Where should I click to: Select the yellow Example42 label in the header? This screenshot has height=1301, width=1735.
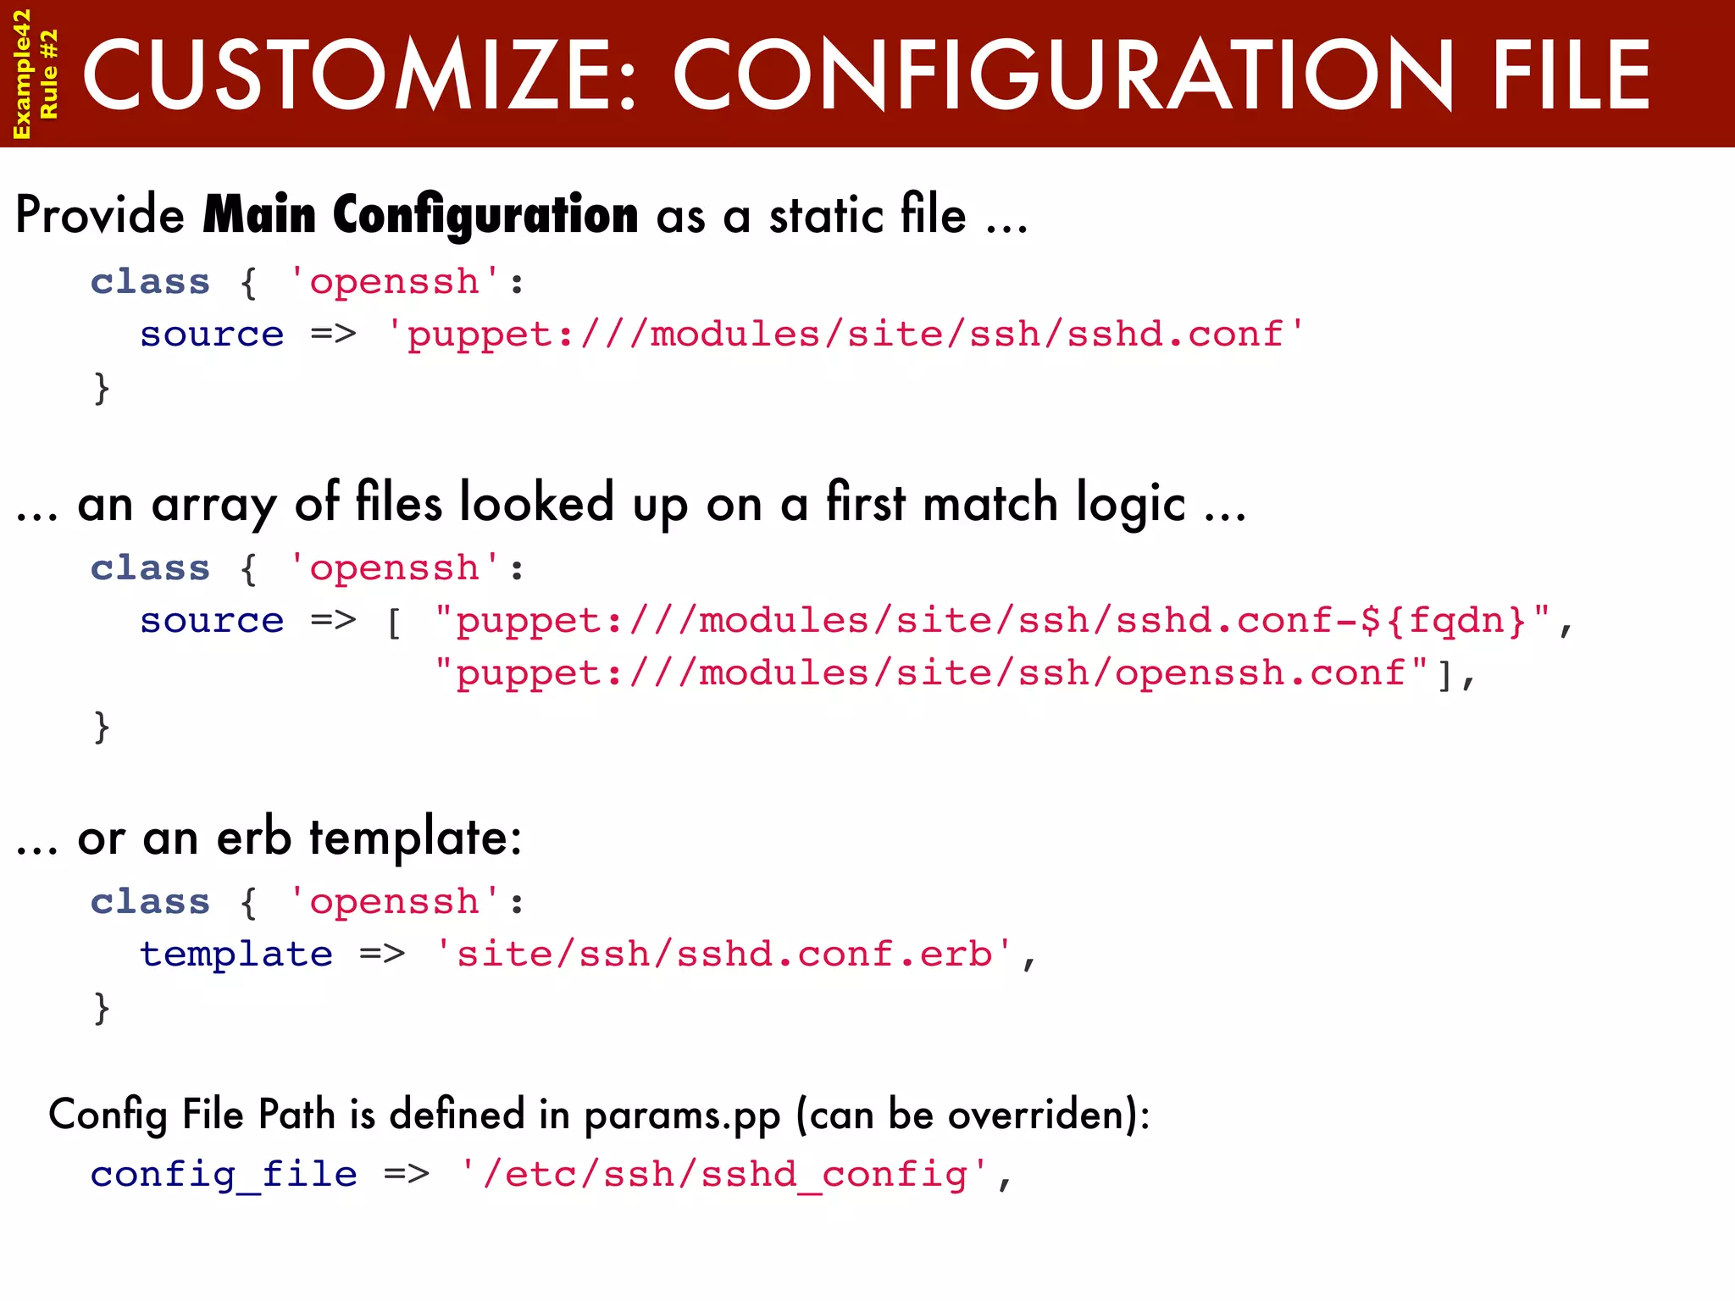click(21, 74)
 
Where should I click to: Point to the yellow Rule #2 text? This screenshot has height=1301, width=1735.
click(49, 74)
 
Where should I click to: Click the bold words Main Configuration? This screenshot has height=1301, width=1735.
click(420, 215)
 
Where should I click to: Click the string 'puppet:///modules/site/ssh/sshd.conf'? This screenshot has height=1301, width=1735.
click(845, 334)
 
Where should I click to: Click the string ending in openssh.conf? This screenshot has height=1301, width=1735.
click(930, 673)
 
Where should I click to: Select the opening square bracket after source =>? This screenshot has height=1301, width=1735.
click(394, 623)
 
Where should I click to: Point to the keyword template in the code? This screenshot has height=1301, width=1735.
click(236, 955)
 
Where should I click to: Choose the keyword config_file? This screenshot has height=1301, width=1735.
click(224, 1175)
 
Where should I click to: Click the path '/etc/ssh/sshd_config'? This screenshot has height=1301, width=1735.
click(724, 1175)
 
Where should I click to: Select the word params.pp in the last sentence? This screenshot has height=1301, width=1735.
click(682, 1116)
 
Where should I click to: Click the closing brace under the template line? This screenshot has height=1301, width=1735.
click(102, 1008)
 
